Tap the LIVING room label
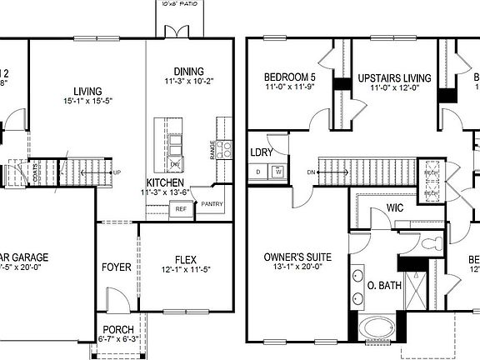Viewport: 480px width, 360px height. [87, 91]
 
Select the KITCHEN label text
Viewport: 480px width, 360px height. [165, 182]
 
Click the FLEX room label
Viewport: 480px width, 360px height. [185, 257]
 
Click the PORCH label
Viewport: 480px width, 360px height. [117, 328]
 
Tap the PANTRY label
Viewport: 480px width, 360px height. [212, 203]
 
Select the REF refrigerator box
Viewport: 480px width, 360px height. [181, 209]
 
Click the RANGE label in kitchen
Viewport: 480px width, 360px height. [213, 150]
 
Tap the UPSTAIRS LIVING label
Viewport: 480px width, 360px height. [394, 78]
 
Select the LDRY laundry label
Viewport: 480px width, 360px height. [262, 152]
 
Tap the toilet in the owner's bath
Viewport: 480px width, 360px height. [430, 244]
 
